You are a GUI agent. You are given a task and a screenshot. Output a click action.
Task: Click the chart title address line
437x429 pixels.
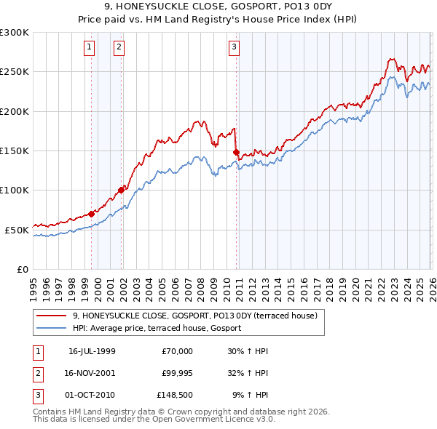(x=219, y=7)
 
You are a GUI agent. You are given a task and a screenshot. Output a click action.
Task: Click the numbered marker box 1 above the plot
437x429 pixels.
(x=89, y=48)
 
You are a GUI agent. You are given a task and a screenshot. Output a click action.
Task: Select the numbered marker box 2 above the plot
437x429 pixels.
(x=119, y=48)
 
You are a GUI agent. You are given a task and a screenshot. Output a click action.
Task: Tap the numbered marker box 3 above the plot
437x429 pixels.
(x=234, y=48)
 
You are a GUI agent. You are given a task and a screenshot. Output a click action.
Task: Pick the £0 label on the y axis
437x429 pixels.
(x=22, y=269)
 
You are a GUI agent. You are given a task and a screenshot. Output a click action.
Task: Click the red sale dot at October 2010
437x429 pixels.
(x=236, y=152)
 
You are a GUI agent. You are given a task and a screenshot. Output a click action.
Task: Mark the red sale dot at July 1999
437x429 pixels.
(x=92, y=214)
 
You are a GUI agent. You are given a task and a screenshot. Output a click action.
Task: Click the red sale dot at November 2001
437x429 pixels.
(x=122, y=191)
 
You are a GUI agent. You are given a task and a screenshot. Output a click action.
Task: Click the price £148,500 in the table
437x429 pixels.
(x=175, y=396)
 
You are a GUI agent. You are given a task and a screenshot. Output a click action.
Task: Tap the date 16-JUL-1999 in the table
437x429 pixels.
(x=92, y=351)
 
